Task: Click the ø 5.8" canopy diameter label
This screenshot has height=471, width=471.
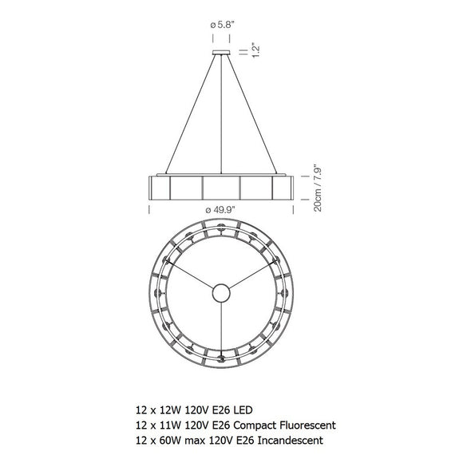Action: (222, 25)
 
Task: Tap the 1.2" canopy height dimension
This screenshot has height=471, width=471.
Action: (255, 49)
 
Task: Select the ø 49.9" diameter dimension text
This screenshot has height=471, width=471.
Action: (220, 210)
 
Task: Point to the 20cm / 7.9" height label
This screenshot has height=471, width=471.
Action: (317, 188)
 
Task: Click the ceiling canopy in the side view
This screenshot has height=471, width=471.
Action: (221, 53)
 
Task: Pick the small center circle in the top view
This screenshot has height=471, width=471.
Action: (221, 293)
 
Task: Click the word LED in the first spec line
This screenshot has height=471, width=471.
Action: (243, 410)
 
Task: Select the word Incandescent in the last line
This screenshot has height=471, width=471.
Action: (291, 441)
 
